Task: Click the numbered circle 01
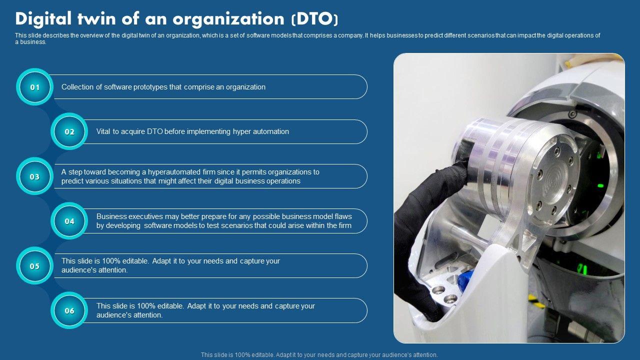tap(34, 87)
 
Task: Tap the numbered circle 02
tap(69, 131)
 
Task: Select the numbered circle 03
tap(34, 176)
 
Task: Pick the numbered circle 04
tap(69, 221)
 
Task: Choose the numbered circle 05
tap(34, 265)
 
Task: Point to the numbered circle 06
tap(69, 310)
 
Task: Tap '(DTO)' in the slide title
tap(315, 19)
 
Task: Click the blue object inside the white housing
tap(465, 280)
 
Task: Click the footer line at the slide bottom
tap(319, 355)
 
